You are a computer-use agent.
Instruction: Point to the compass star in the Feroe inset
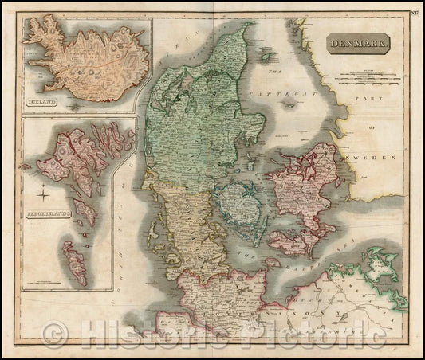tap(41, 189)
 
